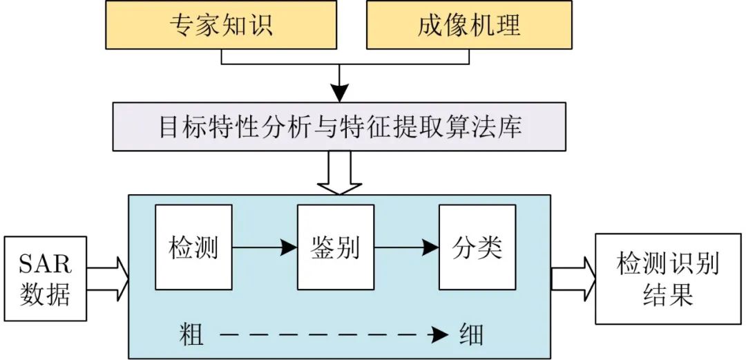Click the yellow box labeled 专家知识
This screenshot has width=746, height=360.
(x=221, y=26)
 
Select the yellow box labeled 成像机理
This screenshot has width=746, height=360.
(x=468, y=26)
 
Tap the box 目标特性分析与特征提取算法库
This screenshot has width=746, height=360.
(x=338, y=127)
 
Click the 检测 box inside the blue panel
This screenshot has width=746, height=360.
(x=193, y=247)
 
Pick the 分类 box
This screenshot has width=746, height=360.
(x=477, y=247)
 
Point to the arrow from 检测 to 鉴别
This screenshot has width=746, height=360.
(x=264, y=247)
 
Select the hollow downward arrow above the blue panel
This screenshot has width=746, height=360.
(x=338, y=173)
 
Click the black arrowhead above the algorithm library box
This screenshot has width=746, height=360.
(x=338, y=92)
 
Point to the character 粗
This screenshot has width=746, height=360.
(x=191, y=335)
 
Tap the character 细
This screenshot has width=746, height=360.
(x=471, y=335)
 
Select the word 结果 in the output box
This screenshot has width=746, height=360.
(x=667, y=294)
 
